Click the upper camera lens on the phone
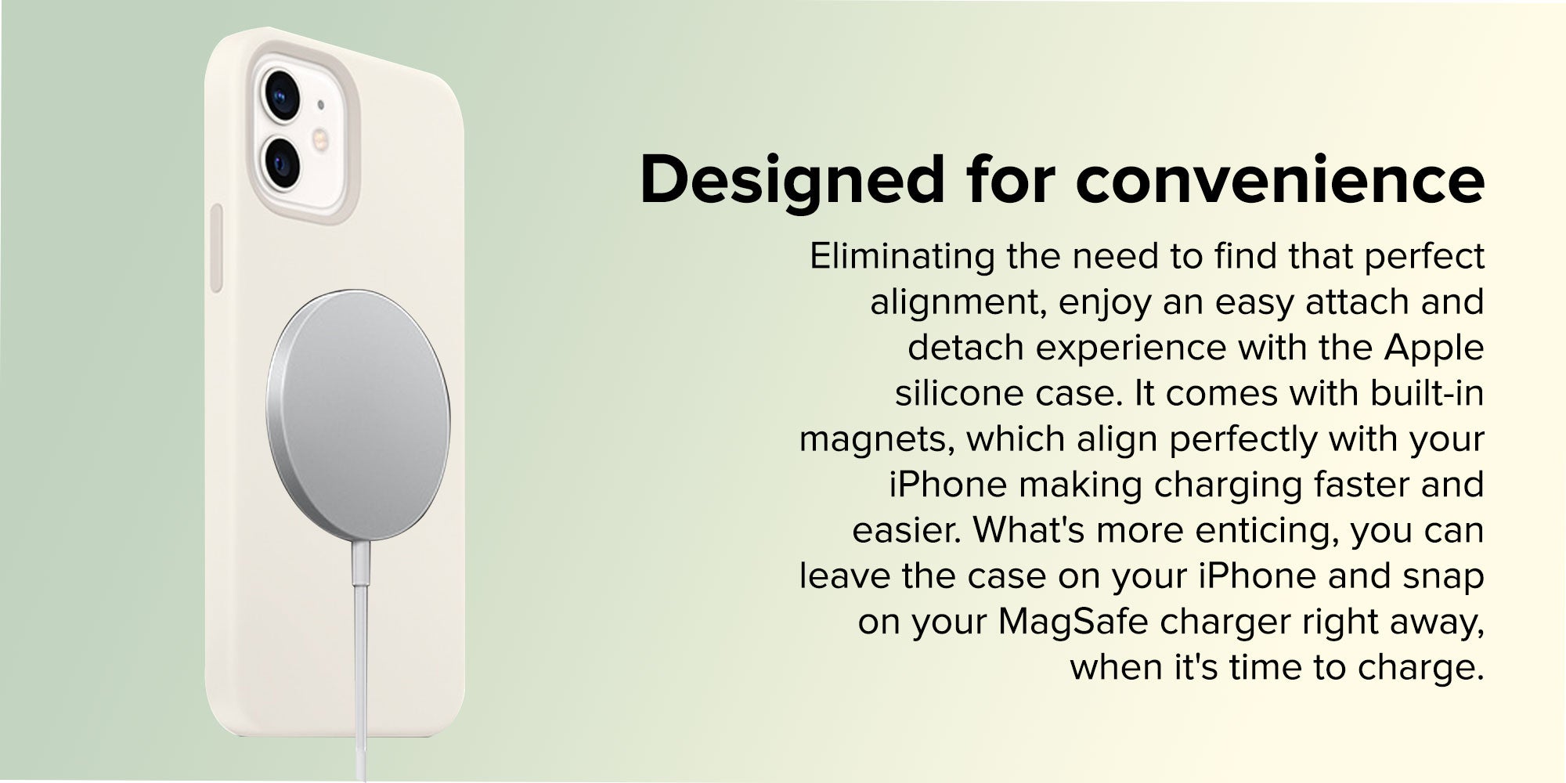[x=281, y=94]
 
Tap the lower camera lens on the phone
[x=281, y=161]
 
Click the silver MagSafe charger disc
[x=359, y=414]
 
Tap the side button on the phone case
[x=216, y=249]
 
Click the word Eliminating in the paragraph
[x=902, y=256]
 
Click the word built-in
[x=1427, y=393]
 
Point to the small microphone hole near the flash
[x=319, y=103]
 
